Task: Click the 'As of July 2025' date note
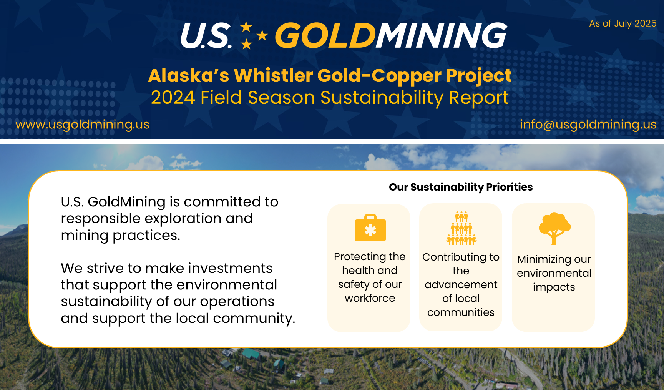(622, 23)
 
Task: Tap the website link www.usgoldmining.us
(82, 125)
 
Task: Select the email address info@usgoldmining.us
(588, 125)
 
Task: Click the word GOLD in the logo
(325, 35)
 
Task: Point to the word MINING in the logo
(441, 35)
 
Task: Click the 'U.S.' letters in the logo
(206, 36)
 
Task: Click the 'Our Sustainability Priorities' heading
(461, 187)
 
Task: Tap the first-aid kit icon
(370, 228)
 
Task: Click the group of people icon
(461, 228)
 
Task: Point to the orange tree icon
(554, 228)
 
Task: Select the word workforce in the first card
(370, 298)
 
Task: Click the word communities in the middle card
(461, 312)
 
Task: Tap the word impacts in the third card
(554, 287)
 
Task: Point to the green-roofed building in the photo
(251, 354)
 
